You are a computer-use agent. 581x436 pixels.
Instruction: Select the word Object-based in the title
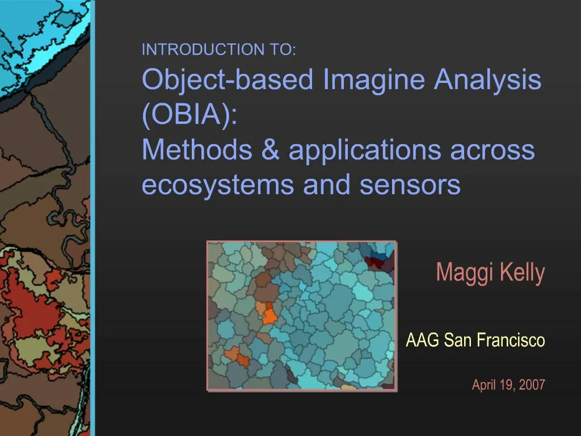[x=228, y=79]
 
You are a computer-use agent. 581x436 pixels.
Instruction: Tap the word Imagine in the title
[x=373, y=79]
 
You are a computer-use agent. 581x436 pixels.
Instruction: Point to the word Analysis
[x=487, y=79]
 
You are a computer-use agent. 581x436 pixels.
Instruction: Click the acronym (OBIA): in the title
[x=190, y=114]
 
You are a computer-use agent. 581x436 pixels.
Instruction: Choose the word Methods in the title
[x=197, y=149]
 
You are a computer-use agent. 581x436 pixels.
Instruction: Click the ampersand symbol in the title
[x=271, y=149]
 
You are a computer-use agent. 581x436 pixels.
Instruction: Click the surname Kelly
[x=523, y=274]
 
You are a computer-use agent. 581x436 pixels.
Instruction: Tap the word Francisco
[x=511, y=339]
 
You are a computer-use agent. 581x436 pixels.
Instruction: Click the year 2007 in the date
[x=532, y=385]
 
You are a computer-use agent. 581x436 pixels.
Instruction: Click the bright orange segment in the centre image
[x=270, y=316]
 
